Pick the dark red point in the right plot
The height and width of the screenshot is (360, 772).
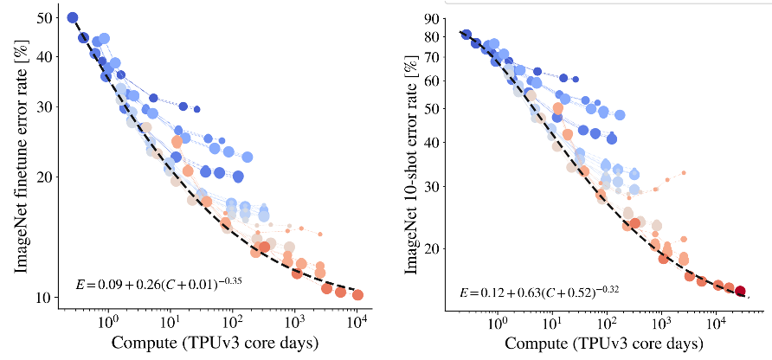(x=741, y=292)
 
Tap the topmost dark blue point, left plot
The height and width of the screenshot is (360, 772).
(x=73, y=17)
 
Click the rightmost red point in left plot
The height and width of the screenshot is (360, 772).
(x=357, y=295)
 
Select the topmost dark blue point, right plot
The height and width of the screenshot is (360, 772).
(x=466, y=35)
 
